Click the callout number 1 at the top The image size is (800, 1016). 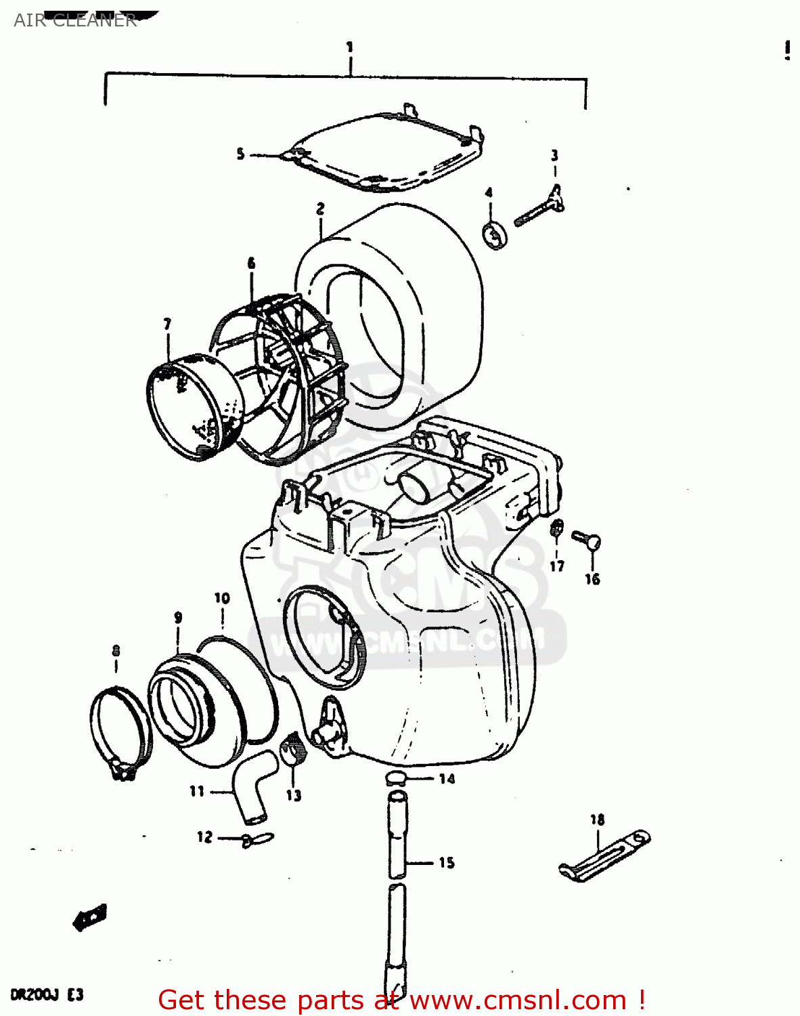pos(349,47)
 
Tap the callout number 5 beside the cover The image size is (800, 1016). pos(240,154)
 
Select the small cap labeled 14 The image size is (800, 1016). pos(397,778)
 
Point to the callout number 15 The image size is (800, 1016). pos(446,862)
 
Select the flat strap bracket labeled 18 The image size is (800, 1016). pos(604,856)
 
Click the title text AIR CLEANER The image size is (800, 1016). pos(75,20)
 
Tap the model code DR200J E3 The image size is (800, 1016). pos(47,994)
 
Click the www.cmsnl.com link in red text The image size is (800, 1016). pos(518,1000)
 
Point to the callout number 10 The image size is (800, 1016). pos(222,598)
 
